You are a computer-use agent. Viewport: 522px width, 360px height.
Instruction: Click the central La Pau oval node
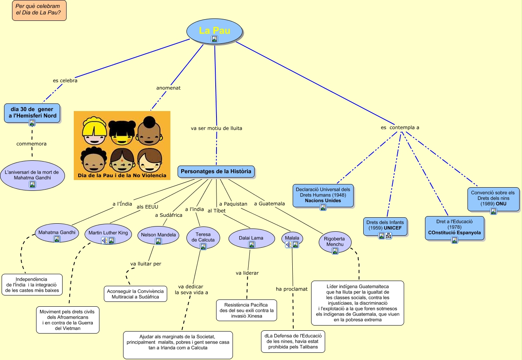(214, 31)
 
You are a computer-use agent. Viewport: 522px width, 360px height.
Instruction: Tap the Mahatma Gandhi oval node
(57, 233)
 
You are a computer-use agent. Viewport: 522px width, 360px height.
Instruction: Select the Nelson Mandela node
(158, 235)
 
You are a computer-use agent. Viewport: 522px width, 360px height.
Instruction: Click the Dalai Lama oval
(251, 239)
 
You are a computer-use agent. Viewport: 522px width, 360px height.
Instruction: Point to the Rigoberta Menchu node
(335, 242)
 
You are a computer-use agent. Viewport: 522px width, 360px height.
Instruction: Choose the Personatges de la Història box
(216, 172)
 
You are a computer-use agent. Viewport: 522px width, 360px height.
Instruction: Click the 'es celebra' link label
(65, 81)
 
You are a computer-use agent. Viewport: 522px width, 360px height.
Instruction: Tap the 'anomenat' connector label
(168, 88)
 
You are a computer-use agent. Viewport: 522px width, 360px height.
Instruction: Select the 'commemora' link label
(31, 144)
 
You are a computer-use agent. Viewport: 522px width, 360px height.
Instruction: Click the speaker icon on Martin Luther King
(104, 241)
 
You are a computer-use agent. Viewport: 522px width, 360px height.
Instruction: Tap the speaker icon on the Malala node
(288, 245)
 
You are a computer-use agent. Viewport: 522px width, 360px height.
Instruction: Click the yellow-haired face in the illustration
(94, 131)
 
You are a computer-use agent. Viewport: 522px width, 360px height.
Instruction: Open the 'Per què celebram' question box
(39, 11)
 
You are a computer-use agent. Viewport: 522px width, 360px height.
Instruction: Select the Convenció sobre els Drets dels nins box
(493, 199)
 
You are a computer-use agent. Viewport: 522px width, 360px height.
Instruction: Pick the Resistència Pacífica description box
(247, 310)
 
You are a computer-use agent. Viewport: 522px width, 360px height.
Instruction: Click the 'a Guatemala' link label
(269, 204)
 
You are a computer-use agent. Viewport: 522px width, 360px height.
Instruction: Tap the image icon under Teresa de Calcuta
(203, 247)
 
